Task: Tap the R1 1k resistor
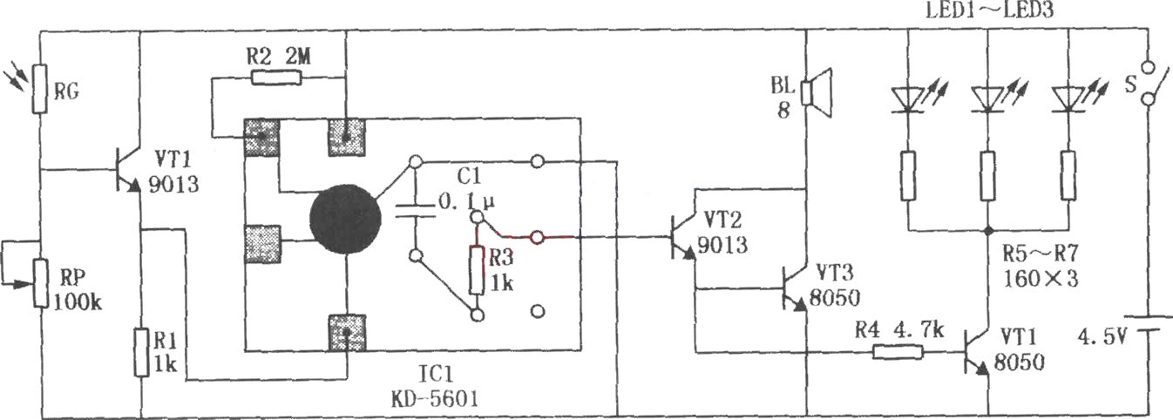click(141, 352)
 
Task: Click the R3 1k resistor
click(476, 270)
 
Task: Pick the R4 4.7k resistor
click(898, 352)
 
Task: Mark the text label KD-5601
click(435, 400)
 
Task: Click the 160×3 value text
click(1041, 278)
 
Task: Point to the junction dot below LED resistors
click(988, 230)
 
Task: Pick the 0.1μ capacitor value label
click(467, 201)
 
